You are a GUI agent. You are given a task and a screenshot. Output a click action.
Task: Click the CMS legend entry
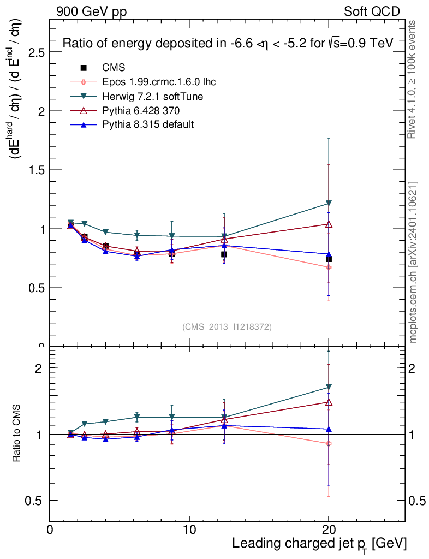(x=114, y=68)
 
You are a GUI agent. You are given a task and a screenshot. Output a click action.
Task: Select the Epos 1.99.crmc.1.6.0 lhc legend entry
(x=159, y=82)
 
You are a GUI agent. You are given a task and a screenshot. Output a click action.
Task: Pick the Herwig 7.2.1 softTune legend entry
(x=153, y=96)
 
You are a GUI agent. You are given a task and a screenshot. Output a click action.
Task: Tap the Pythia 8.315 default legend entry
(x=148, y=124)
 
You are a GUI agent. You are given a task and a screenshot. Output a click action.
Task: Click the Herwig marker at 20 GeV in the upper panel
(x=329, y=204)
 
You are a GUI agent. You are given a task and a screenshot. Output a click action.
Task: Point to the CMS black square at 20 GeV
(x=329, y=259)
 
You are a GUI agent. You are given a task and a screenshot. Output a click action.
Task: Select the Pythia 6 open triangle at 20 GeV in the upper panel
(x=329, y=224)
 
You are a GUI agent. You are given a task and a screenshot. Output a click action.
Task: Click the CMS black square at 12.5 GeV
(x=224, y=254)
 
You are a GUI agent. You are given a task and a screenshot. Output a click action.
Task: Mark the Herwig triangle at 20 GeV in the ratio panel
(x=329, y=388)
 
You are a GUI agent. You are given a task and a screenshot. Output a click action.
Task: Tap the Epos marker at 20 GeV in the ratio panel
(x=329, y=443)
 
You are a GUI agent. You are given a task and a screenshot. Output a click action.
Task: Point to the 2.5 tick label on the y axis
(x=34, y=52)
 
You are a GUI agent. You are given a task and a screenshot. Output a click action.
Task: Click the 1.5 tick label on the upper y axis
(x=34, y=170)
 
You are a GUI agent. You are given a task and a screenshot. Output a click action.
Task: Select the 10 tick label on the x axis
(x=189, y=530)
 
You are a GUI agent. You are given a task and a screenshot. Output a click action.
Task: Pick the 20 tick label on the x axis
(x=329, y=530)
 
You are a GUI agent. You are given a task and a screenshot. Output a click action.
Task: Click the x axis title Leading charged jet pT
(x=319, y=544)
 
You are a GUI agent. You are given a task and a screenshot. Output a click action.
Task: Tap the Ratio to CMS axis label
(x=17, y=433)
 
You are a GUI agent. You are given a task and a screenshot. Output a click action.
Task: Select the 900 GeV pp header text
(x=91, y=11)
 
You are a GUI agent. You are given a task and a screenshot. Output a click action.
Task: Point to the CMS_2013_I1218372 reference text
(x=227, y=326)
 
